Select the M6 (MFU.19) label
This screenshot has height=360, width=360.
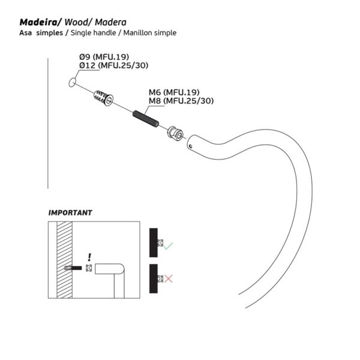tap(175, 92)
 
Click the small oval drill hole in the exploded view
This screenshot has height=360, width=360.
tap(73, 82)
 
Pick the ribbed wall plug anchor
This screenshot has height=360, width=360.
tap(103, 97)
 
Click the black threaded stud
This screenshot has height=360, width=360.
tap(145, 118)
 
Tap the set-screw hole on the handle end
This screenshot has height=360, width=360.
tap(191, 145)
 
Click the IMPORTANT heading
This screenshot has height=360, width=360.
tap(70, 212)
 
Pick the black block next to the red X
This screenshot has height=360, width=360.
tap(153, 277)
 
